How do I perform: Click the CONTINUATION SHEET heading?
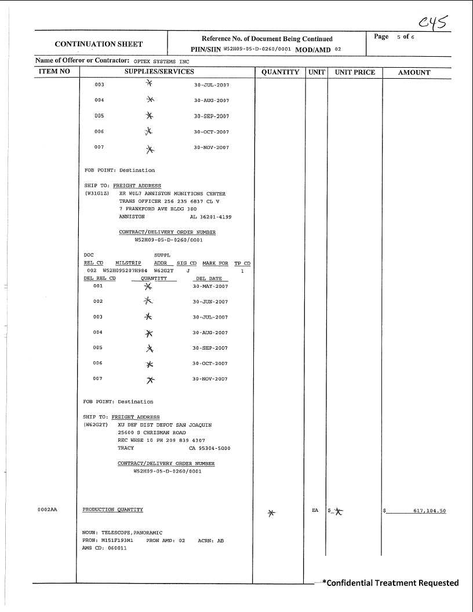tap(99, 43)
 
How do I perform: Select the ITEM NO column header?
tap(54, 72)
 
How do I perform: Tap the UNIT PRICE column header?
tap(355, 72)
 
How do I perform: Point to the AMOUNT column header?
tap(414, 72)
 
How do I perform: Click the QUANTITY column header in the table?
tap(280, 72)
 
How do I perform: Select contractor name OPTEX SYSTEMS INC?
tap(162, 61)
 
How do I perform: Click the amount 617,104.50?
tap(429, 511)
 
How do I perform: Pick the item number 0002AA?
tap(48, 510)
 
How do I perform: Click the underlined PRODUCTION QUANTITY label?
tap(112, 510)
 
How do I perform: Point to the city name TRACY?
tap(126, 448)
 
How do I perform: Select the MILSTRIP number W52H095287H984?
tap(125, 270)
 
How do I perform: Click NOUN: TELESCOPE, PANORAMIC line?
tap(122, 532)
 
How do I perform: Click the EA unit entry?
tap(315, 510)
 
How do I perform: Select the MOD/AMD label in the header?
tap(314, 50)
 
